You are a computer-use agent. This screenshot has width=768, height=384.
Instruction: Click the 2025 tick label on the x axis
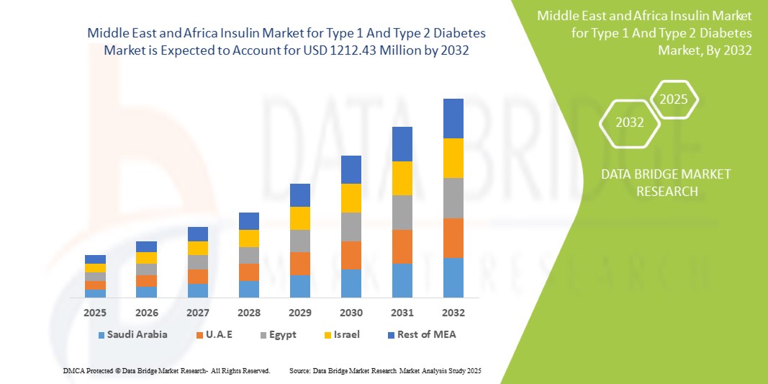[95, 313]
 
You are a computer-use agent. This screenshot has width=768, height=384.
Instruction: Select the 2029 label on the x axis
[300, 313]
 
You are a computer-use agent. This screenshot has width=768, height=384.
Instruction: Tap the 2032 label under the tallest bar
[453, 313]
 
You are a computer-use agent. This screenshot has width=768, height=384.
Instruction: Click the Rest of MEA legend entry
[421, 334]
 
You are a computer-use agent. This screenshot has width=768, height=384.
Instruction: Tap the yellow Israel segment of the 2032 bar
[453, 158]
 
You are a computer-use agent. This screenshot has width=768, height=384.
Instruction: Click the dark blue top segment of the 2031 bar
[402, 144]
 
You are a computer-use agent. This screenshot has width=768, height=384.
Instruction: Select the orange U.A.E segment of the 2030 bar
[351, 255]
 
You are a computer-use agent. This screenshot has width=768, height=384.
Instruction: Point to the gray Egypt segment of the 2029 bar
[300, 241]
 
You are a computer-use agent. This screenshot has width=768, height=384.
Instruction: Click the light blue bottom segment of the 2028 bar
[249, 289]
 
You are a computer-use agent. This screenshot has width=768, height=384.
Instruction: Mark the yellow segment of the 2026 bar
[146, 258]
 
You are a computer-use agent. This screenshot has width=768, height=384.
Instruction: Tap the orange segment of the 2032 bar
[453, 238]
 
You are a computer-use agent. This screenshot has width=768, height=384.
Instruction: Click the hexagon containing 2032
[630, 122]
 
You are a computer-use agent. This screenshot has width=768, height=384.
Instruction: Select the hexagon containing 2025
[674, 99]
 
